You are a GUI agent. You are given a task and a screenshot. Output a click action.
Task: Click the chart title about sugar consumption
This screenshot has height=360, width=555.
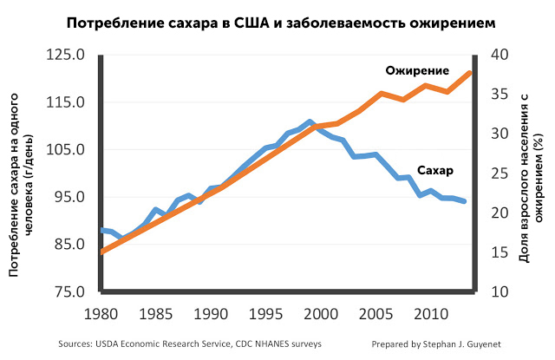[278, 21]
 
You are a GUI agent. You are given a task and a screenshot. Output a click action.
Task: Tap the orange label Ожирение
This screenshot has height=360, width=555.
[417, 70]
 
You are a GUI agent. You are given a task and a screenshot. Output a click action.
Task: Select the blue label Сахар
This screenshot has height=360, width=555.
[435, 169]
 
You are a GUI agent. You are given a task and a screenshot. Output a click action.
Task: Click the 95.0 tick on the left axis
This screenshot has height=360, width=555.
[67, 197]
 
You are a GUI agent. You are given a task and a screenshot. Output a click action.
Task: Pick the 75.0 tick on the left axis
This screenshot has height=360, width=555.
[67, 291]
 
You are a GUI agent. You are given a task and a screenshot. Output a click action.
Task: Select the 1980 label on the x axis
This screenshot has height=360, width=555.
[102, 311]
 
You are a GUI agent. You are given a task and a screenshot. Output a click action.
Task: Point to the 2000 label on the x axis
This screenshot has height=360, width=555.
[320, 311]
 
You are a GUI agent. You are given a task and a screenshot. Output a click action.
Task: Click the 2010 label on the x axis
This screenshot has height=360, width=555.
[428, 311]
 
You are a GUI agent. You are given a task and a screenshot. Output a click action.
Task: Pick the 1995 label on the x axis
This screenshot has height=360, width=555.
[265, 311]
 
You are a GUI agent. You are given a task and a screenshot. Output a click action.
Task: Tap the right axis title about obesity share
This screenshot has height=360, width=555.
[531, 173]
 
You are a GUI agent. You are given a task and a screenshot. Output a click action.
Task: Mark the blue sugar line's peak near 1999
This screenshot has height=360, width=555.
[310, 122]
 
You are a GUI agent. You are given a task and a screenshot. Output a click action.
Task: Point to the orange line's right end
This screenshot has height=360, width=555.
[469, 73]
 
